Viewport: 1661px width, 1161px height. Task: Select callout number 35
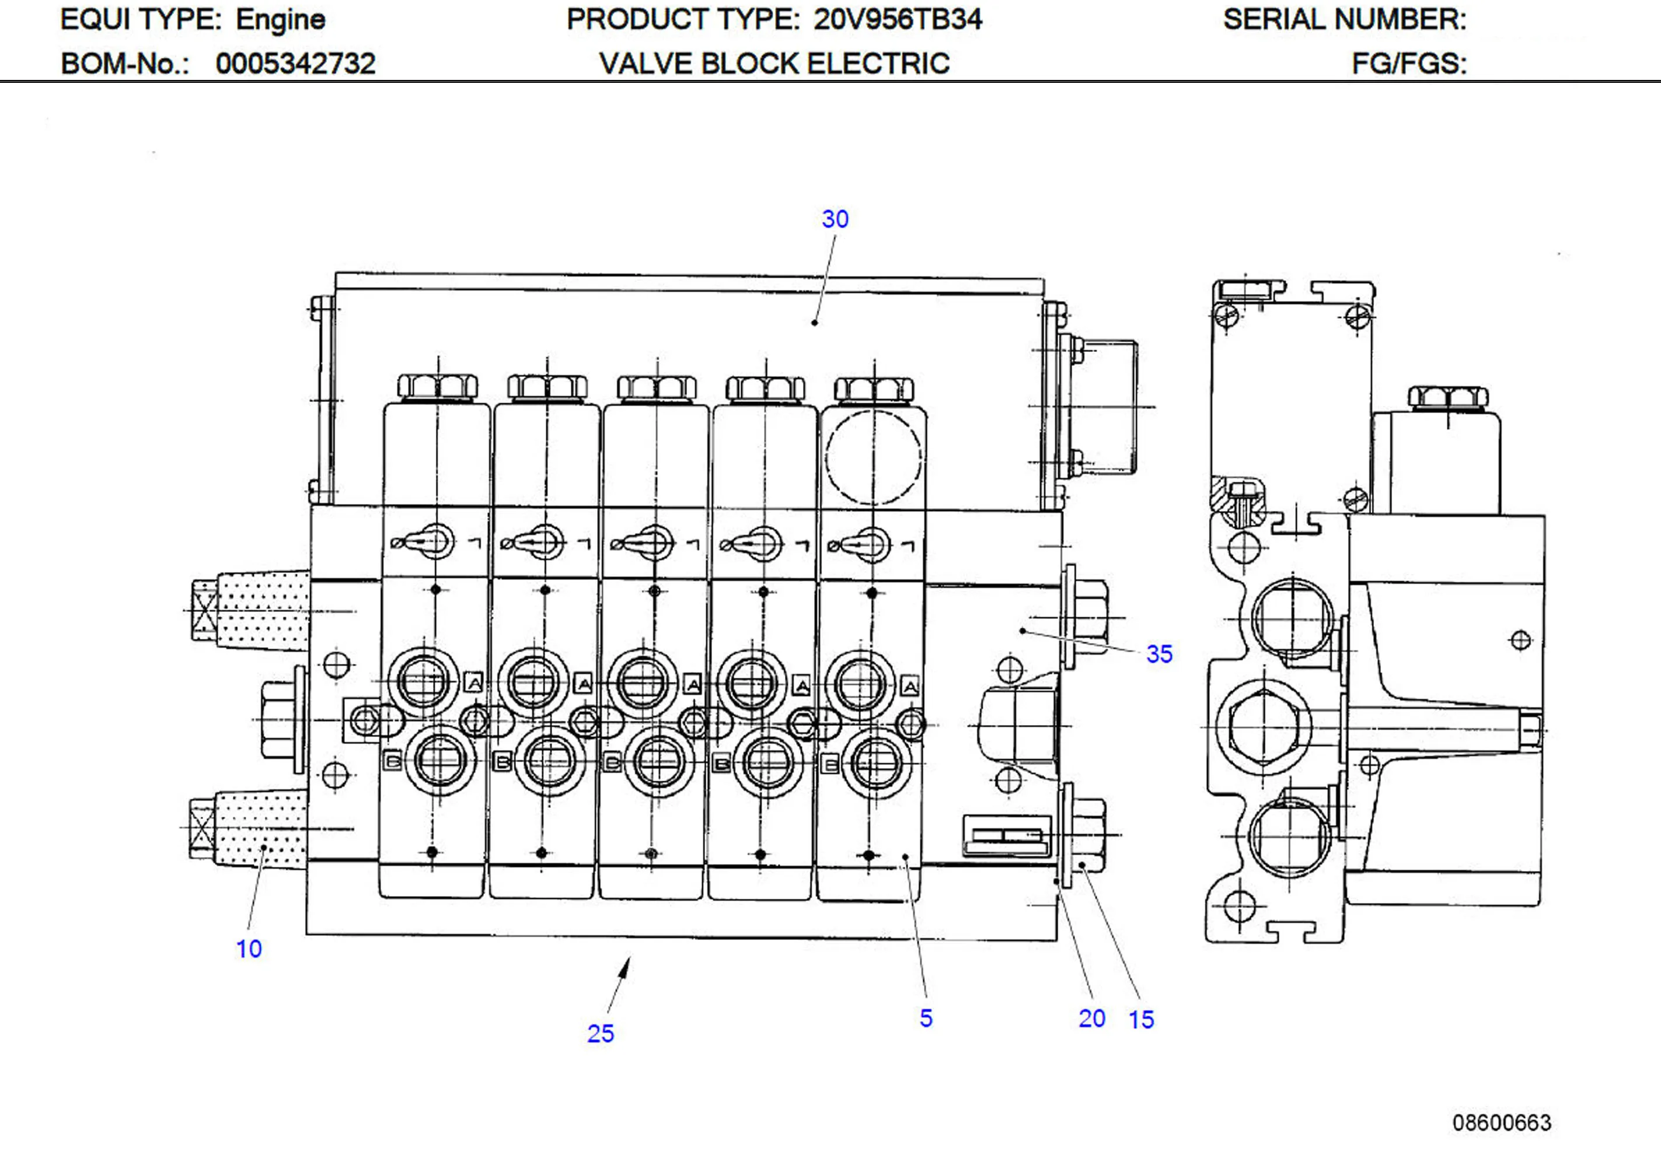(1159, 654)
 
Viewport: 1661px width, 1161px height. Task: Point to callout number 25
(601, 1033)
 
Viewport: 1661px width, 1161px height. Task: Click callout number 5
(926, 1018)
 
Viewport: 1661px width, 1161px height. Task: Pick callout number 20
(1091, 1019)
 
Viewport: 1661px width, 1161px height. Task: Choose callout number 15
(1142, 1019)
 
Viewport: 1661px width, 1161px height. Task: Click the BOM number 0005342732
(295, 64)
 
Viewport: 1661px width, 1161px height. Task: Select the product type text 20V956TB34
(898, 19)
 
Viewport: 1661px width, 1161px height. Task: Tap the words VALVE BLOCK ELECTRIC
(774, 64)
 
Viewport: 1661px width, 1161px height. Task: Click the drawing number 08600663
(1502, 1122)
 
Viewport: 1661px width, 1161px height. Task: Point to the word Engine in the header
(281, 19)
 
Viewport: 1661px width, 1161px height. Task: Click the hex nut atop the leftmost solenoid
(438, 386)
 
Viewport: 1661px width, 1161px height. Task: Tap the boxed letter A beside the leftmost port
(474, 682)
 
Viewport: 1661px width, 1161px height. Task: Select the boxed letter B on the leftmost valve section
(392, 761)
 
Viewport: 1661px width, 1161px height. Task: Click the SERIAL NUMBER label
(1344, 19)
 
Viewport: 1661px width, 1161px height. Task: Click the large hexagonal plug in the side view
(1263, 726)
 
